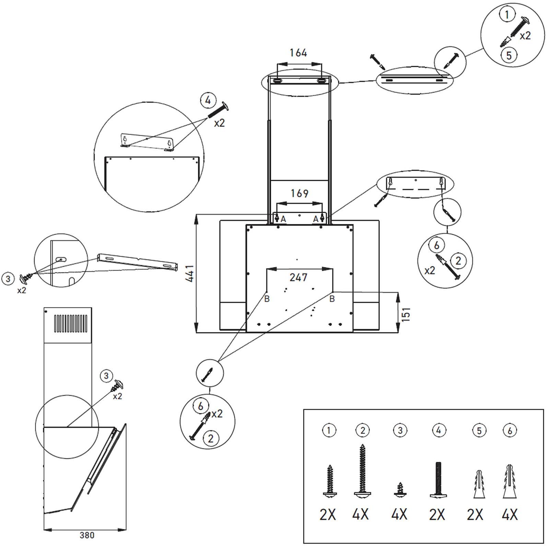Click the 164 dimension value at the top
point(298,53)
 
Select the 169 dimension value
point(300,194)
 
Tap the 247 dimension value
point(298,277)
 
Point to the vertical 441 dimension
point(190,273)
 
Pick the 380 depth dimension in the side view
point(87,535)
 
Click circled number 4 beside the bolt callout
point(208,101)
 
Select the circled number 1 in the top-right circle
point(507,15)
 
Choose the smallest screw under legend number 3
point(400,489)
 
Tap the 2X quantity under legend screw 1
point(328,515)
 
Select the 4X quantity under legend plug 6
point(510,515)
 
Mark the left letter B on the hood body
point(267,299)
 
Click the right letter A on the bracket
point(316,219)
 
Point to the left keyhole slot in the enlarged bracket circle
point(125,139)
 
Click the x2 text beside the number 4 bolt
point(219,122)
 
